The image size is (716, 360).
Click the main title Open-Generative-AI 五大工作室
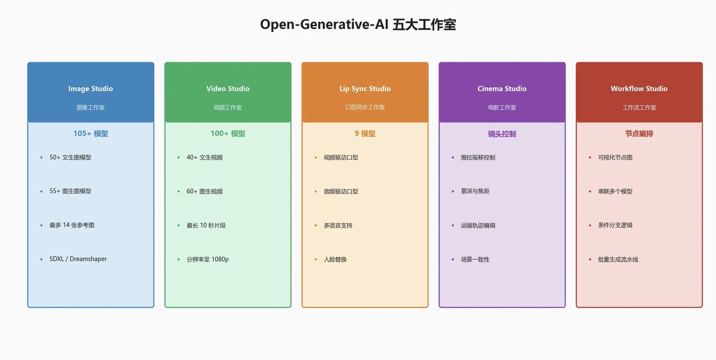click(358, 24)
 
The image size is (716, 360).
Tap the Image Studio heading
click(91, 88)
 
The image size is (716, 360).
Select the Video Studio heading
click(228, 88)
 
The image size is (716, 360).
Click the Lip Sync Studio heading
click(365, 88)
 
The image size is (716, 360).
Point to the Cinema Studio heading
click(502, 88)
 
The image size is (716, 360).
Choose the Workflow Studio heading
click(639, 88)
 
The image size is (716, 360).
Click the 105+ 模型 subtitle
click(91, 133)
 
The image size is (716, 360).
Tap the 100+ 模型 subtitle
click(228, 133)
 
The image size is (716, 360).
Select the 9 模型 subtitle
click(365, 133)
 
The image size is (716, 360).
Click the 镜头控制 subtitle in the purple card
click(502, 134)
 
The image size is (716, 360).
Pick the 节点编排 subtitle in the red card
click(639, 134)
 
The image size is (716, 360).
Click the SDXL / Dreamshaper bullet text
click(78, 259)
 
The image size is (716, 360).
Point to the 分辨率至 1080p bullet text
click(208, 259)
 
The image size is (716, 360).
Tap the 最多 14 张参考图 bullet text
click(72, 225)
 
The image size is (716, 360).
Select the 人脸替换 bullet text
click(335, 259)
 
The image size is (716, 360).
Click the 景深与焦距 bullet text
click(475, 191)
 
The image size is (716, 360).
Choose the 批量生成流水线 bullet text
click(618, 259)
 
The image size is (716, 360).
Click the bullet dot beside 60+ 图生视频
click(178, 192)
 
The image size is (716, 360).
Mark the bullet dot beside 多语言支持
click(316, 226)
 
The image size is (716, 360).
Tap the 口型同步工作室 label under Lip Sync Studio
click(365, 107)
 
